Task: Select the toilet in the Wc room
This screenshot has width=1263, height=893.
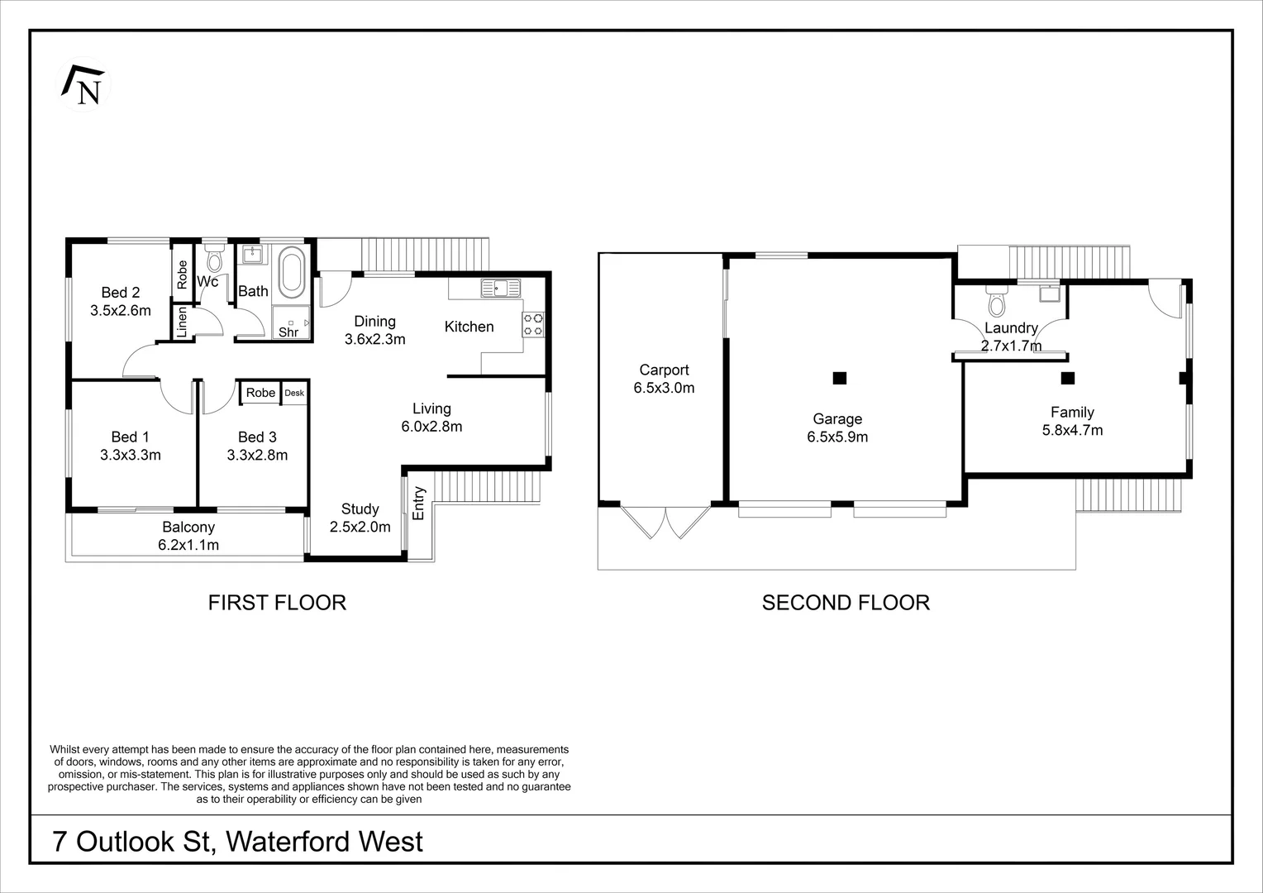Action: tap(215, 258)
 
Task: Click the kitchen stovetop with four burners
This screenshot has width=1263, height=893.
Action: tap(533, 324)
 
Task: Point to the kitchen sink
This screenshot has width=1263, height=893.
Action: tap(502, 289)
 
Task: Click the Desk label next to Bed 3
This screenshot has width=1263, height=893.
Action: tap(294, 393)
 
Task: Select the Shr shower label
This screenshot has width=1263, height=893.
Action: tap(288, 332)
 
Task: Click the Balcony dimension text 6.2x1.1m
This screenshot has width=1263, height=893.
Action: tap(188, 545)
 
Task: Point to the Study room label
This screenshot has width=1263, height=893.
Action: tap(360, 509)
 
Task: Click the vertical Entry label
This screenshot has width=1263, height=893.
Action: tap(418, 503)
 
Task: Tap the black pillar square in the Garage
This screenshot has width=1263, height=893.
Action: tap(840, 379)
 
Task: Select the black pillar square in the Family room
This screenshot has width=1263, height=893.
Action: tap(1067, 379)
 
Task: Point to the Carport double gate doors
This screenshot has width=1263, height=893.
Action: tap(665, 522)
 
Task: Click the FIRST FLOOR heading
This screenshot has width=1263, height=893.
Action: tap(277, 603)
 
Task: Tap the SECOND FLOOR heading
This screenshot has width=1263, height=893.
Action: tap(846, 603)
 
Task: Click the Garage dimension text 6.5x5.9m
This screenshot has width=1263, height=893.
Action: tap(837, 437)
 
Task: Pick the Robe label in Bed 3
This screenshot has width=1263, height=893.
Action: tap(260, 393)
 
